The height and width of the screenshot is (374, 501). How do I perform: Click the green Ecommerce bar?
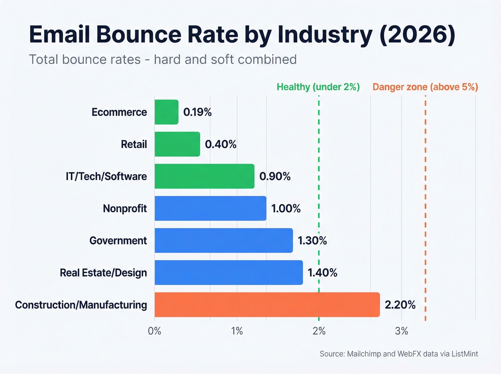pos(166,112)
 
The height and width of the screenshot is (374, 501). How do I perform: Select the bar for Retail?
pos(177,144)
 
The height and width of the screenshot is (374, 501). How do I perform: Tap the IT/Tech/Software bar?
pos(204,176)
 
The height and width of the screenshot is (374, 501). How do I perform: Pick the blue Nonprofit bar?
pos(210,208)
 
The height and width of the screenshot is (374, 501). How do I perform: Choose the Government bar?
pos(224,241)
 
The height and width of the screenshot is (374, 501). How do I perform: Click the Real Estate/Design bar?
pos(229,273)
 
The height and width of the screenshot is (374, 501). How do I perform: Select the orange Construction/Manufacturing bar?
pos(267,305)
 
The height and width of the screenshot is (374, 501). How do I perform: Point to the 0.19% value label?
pos(197,112)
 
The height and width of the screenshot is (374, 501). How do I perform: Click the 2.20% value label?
pos(400,305)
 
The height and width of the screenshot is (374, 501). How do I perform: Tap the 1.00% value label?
pos(286,209)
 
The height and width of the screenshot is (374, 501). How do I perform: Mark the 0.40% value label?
pos(220,145)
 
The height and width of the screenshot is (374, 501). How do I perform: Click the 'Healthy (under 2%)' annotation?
pos(318,87)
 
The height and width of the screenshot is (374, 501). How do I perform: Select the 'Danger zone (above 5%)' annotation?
pos(425,87)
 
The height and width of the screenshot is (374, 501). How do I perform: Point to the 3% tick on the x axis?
pos(401,331)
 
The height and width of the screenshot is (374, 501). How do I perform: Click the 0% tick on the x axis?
pos(155,331)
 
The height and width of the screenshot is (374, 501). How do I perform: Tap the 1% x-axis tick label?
pos(237,331)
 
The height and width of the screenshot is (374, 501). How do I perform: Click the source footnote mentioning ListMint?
pos(399,354)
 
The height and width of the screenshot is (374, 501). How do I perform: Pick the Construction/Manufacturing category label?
pos(81,305)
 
